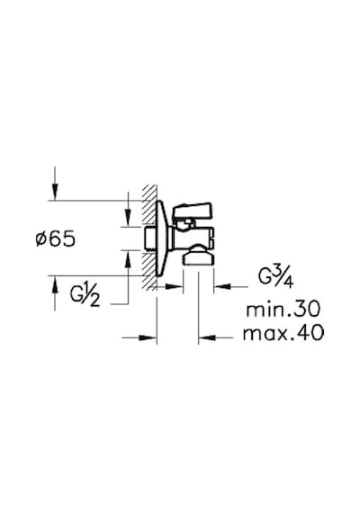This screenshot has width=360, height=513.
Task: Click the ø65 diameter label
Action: click(56, 238)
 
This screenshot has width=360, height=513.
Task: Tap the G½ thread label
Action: click(85, 297)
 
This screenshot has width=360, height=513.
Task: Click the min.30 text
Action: click(283, 310)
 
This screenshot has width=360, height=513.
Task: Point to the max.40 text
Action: click(283, 333)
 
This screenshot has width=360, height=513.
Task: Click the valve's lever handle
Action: click(193, 211)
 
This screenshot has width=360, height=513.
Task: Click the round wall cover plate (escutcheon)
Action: click(163, 238)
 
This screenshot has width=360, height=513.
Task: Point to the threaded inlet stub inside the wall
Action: click(150, 238)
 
